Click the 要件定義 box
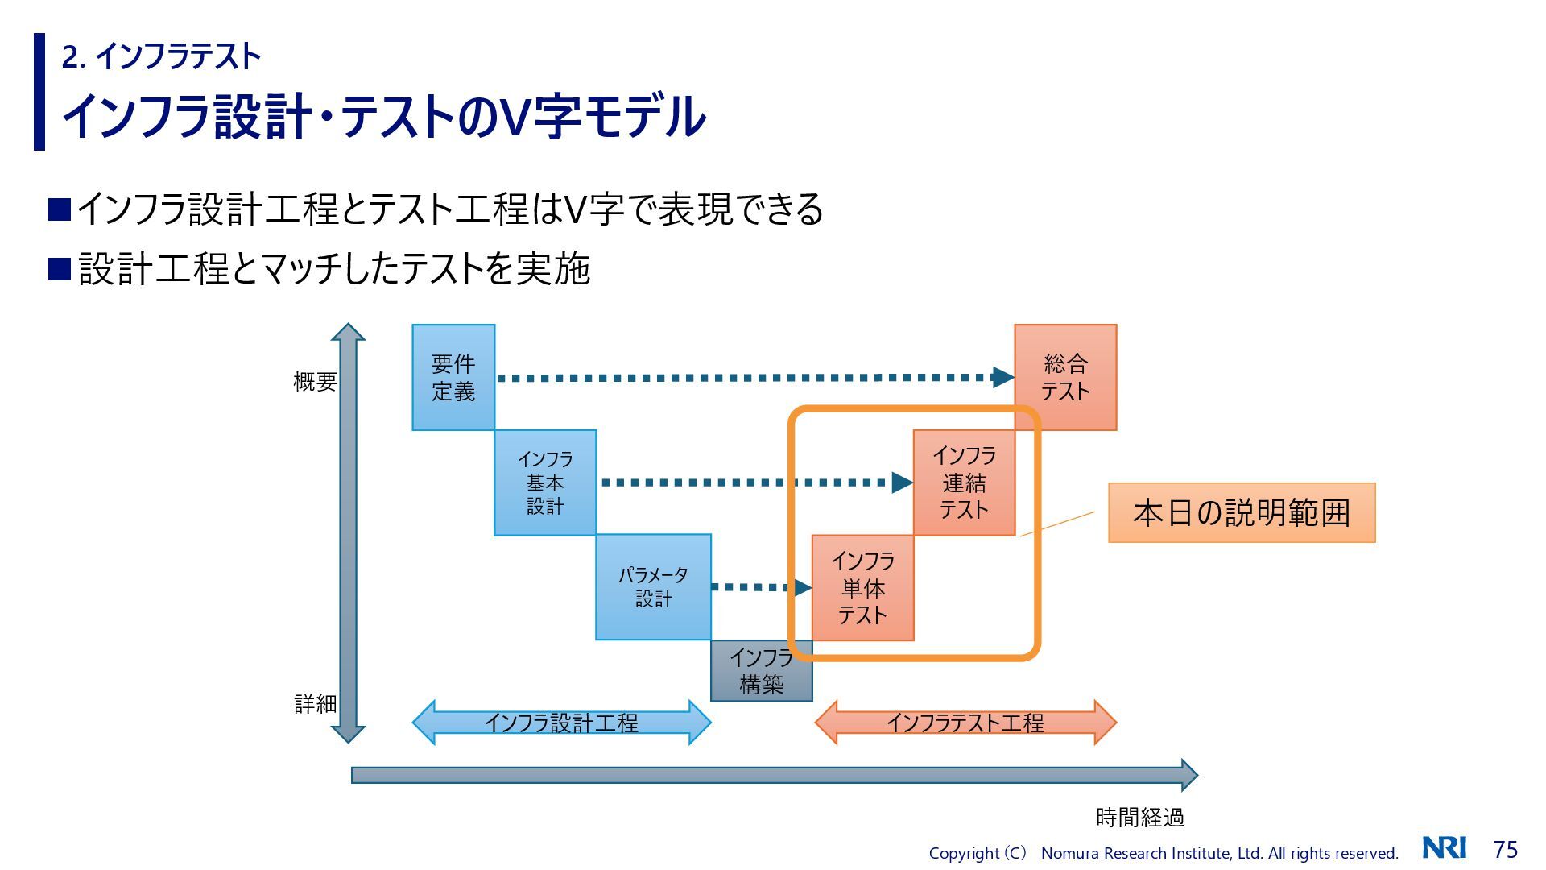coord(453,377)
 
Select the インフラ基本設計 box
coord(545,483)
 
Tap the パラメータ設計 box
coord(653,586)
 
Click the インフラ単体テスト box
coord(862,587)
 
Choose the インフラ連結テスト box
coord(964,483)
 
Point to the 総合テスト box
coord(1065,377)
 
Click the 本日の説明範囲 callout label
coord(1242,513)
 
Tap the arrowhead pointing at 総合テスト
coord(1002,377)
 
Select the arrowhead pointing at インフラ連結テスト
coord(902,483)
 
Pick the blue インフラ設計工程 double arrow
coord(561,723)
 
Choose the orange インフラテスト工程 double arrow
coord(965,723)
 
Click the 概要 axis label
coord(315,382)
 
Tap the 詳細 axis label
coord(315,704)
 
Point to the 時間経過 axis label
coord(1139,818)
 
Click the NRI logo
coord(1444,847)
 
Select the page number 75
coord(1505,849)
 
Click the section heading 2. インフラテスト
coord(162,56)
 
